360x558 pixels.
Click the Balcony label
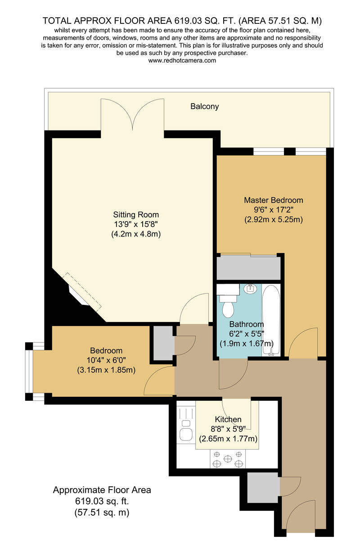coord(204,107)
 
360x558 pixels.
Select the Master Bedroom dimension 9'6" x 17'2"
coord(273,210)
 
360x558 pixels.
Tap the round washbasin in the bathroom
coord(249,288)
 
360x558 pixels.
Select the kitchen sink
coord(185,434)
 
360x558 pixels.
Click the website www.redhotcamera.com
coord(182,60)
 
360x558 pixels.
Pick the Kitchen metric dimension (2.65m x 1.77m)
coord(228,439)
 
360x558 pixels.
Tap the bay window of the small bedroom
coord(29,371)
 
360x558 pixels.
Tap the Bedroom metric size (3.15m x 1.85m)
coord(106,370)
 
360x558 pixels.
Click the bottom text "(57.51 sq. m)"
coord(102,512)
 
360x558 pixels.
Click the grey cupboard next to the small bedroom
coord(162,342)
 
